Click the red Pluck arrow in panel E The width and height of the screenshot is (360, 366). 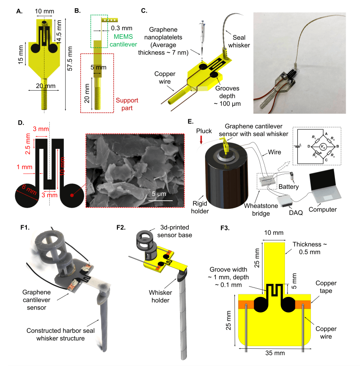pyautogui.click(x=201, y=140)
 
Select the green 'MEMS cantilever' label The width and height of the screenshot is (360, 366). pyautogui.click(x=123, y=41)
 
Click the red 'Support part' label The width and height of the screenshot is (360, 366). pyautogui.click(x=127, y=104)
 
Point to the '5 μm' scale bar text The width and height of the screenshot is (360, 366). pyautogui.click(x=159, y=194)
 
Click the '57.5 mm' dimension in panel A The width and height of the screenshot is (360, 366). pyautogui.click(x=70, y=59)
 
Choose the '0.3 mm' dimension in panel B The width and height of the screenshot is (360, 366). pyautogui.click(x=122, y=28)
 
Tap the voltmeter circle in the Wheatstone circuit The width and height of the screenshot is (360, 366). pyautogui.click(x=322, y=147)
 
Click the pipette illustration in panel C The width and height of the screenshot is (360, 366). pyautogui.click(x=202, y=38)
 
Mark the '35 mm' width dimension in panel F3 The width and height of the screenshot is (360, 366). pyautogui.click(x=275, y=353)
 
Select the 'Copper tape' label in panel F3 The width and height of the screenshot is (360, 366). pyautogui.click(x=326, y=287)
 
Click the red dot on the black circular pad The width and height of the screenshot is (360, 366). pyautogui.click(x=72, y=195)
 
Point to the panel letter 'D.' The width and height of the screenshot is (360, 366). pyautogui.click(x=21, y=123)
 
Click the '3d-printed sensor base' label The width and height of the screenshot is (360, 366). pyautogui.click(x=175, y=231)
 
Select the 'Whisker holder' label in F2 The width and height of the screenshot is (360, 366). pyautogui.click(x=161, y=297)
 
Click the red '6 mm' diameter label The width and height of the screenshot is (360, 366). pyautogui.click(x=29, y=189)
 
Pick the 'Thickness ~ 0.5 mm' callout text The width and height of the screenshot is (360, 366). pyautogui.click(x=310, y=248)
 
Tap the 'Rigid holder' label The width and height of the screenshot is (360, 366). pyautogui.click(x=200, y=207)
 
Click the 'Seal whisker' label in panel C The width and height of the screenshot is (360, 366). pyautogui.click(x=239, y=41)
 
